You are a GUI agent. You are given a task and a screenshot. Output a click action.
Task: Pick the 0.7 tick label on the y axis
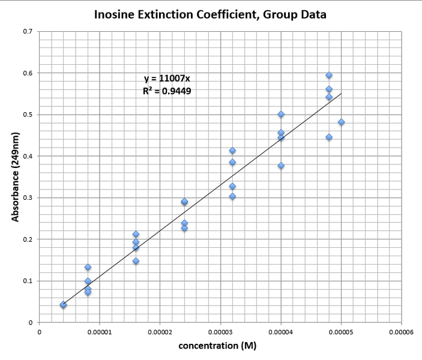point(28,31)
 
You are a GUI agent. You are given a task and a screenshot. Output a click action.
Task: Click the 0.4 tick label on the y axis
point(28,156)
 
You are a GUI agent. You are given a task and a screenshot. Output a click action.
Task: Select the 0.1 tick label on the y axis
point(28,281)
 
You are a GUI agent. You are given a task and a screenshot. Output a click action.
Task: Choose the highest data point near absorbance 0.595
point(329,75)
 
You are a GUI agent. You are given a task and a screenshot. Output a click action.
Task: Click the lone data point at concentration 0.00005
point(342,122)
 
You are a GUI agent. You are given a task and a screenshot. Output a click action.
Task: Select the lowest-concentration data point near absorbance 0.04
point(63,305)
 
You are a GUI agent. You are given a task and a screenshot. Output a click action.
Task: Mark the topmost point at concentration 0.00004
point(281,114)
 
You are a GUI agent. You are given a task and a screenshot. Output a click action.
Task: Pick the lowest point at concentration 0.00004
point(281,166)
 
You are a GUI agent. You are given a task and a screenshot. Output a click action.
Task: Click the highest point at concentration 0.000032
point(232,151)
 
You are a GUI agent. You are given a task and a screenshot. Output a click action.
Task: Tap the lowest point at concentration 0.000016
point(136,261)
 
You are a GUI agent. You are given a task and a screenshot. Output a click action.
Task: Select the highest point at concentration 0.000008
point(88,267)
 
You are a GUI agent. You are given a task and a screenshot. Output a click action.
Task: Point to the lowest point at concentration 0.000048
point(329,137)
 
